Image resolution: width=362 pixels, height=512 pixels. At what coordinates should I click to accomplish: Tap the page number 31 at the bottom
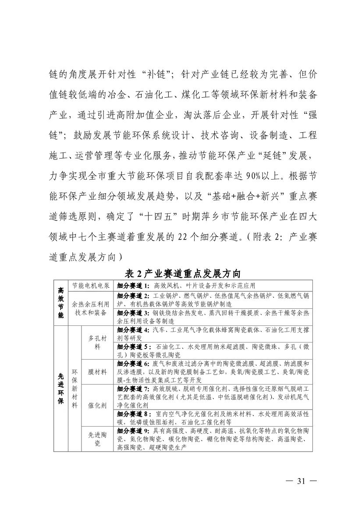[301, 480]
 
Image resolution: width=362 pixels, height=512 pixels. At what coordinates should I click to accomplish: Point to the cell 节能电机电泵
[91, 285]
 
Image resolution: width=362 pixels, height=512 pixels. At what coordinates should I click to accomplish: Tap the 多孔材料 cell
[97, 342]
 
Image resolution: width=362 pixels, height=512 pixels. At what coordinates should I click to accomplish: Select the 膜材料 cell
[97, 372]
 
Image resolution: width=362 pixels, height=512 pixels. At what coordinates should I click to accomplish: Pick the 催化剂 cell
[97, 406]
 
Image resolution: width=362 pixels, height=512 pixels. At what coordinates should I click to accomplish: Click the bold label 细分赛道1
[133, 285]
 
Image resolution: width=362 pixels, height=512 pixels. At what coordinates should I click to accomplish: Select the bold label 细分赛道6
[133, 364]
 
